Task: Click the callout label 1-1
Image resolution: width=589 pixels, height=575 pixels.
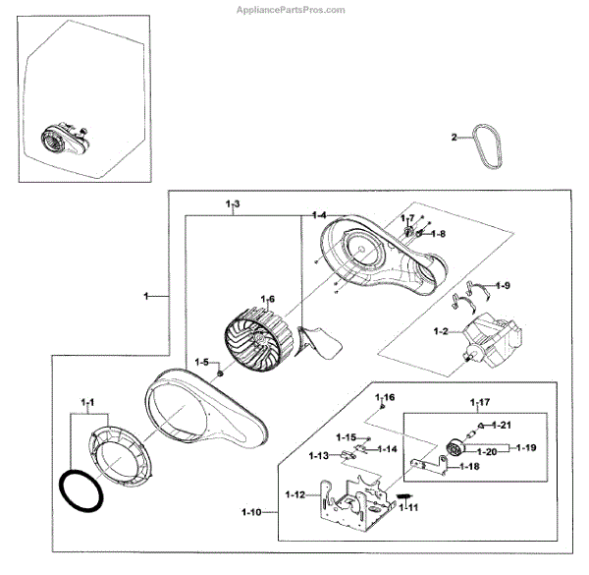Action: click(87, 403)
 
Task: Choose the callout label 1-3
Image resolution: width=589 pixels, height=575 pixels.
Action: click(233, 203)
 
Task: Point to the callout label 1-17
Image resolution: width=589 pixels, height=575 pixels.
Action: click(480, 402)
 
